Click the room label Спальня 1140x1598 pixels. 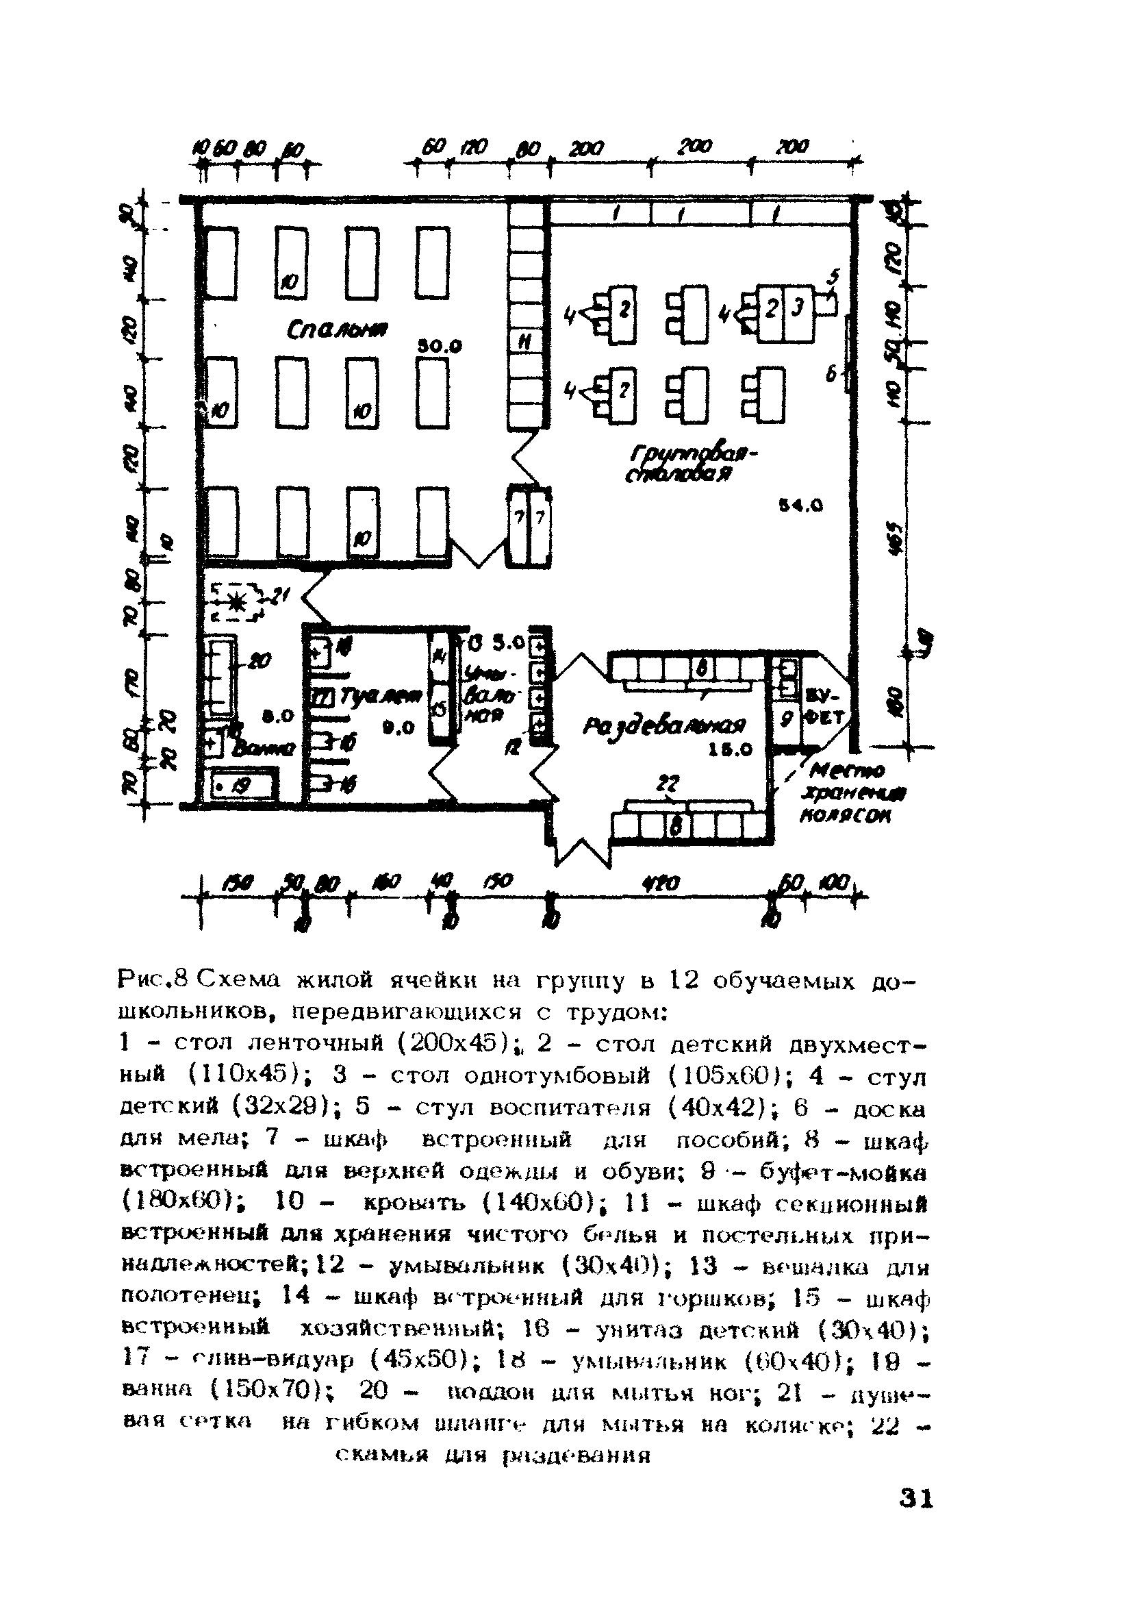click(339, 329)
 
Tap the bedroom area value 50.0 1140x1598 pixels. click(440, 346)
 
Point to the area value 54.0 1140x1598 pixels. click(801, 505)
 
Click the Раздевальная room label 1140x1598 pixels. click(664, 727)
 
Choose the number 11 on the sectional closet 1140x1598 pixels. click(524, 342)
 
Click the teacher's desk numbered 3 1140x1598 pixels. click(798, 308)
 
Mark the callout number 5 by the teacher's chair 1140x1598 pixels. click(833, 276)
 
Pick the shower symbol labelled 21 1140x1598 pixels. click(235, 600)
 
